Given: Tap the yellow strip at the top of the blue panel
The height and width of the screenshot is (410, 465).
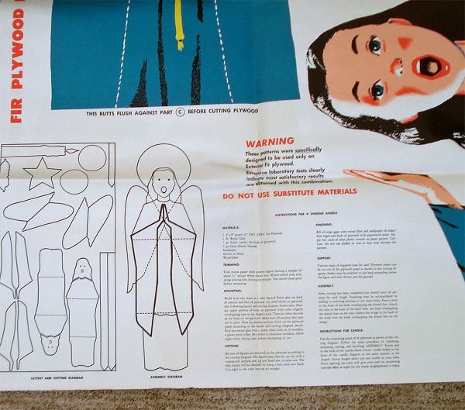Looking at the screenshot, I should [179, 23].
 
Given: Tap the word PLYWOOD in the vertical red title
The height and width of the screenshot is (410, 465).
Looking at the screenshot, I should [15, 47].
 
